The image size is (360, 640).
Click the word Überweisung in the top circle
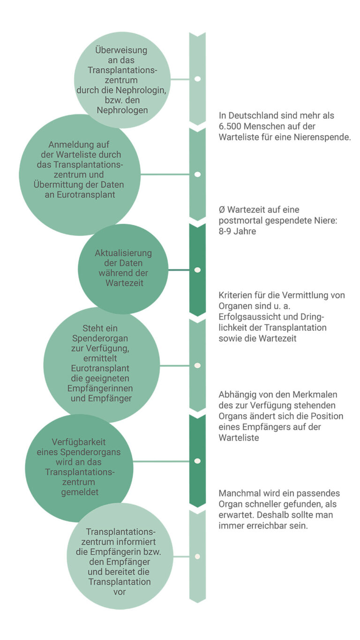click(121, 50)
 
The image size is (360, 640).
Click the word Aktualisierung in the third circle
click(123, 253)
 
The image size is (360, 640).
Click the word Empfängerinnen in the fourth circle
click(107, 388)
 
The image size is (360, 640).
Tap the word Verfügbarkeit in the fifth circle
click(79, 442)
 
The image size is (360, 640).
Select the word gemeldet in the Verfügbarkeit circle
click(79, 491)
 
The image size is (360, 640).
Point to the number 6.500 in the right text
click(230, 127)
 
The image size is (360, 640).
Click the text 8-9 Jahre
click(237, 231)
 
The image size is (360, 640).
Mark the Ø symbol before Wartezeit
click(222, 210)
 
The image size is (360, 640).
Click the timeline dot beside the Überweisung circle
click(197, 79)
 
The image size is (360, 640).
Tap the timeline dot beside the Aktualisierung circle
click(197, 270)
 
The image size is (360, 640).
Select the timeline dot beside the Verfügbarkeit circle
click(197, 461)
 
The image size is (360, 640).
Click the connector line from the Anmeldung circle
click(165, 174)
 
